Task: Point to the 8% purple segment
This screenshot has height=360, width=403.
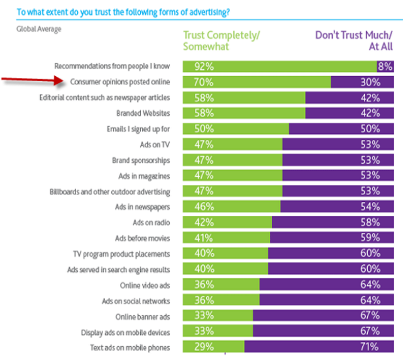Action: click(x=385, y=66)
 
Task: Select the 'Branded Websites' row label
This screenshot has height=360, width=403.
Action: click(x=147, y=113)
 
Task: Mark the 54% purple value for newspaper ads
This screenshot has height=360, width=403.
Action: click(x=370, y=206)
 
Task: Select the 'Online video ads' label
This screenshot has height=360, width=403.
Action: click(x=149, y=284)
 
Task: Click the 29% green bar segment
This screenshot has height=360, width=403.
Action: click(x=213, y=346)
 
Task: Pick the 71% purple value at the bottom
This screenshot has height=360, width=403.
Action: click(x=370, y=346)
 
